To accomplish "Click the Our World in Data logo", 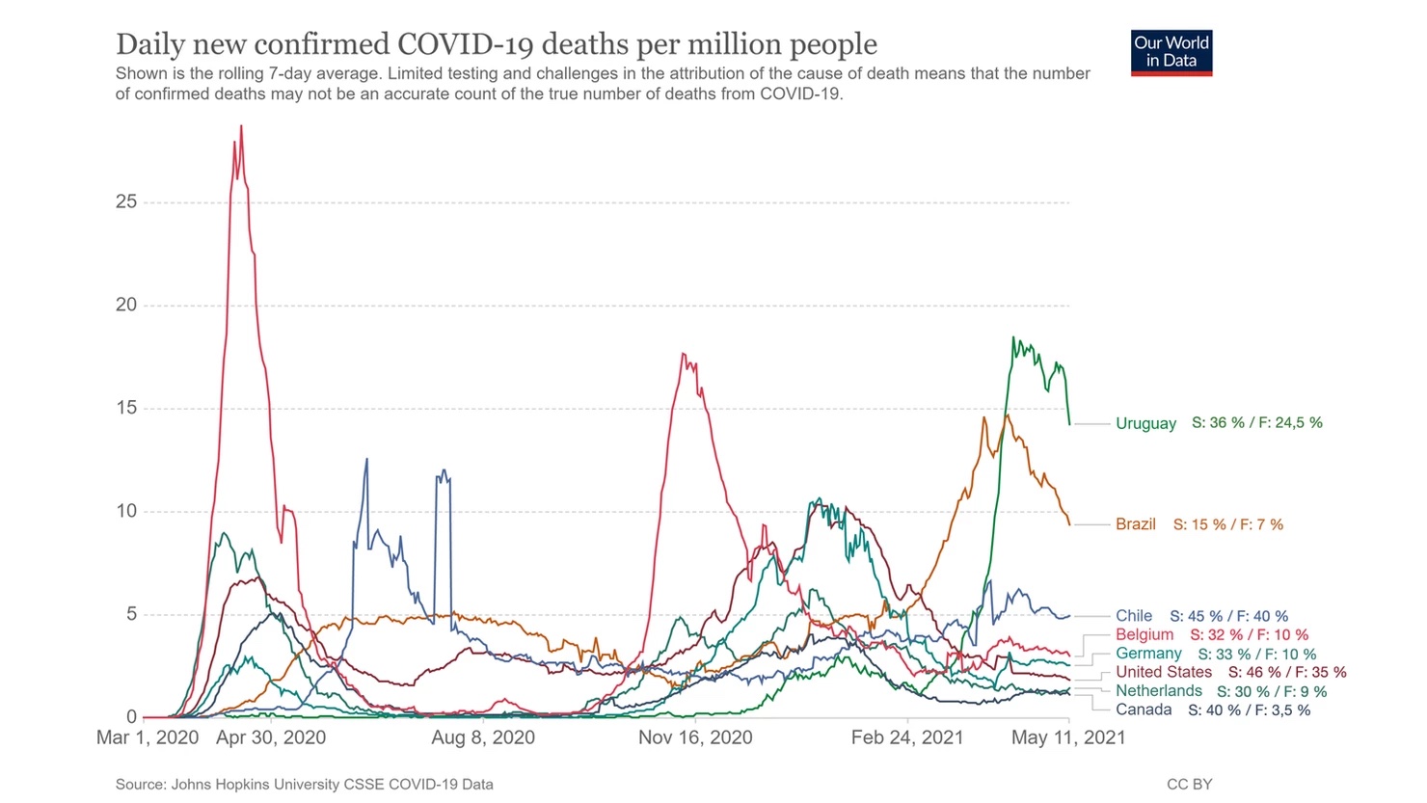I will [1171, 52].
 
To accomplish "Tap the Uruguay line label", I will [1145, 423].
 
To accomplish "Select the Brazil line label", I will [1135, 524].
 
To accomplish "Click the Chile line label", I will [1134, 616].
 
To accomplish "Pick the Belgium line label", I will [1144, 634].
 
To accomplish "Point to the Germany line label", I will [1148, 654].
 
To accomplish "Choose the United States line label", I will [1164, 672].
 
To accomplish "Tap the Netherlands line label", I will [1159, 691].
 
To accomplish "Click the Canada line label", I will [1144, 709].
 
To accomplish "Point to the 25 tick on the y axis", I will [126, 201].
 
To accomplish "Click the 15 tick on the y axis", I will [126, 408].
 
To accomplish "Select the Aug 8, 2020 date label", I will [483, 737].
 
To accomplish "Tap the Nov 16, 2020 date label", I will [695, 737].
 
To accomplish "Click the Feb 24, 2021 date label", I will [907, 737].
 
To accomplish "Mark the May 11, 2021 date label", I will [1067, 737].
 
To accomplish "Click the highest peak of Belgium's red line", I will [241, 126].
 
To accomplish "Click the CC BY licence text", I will [1189, 785].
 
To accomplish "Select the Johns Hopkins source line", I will [304, 785].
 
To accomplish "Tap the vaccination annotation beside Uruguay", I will [1257, 423].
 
